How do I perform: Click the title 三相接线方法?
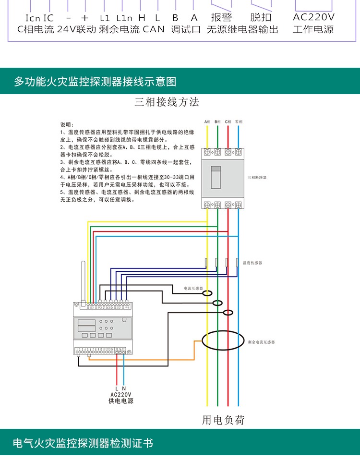point(167,102)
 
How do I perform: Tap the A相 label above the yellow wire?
point(207,121)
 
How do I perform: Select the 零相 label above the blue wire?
point(239,121)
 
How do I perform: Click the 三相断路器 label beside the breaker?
point(257,177)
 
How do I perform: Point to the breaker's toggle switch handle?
point(216,176)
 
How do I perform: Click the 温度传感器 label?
point(252,263)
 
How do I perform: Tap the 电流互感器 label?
point(194,289)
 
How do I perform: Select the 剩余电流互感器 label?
point(262,342)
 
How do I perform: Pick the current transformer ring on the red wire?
point(228,313)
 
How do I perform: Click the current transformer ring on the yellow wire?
point(207,292)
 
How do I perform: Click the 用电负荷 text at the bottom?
point(223,420)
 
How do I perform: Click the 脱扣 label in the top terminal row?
point(261,18)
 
